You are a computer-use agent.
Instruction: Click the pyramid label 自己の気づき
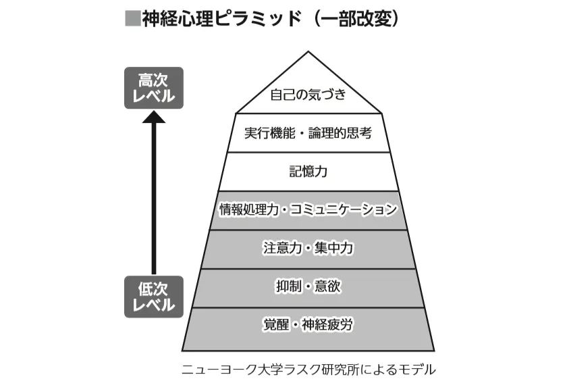pyautogui.click(x=308, y=94)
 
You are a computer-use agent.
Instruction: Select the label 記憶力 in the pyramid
pyautogui.click(x=308, y=171)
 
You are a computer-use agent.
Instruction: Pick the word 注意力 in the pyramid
pyautogui.click(x=278, y=248)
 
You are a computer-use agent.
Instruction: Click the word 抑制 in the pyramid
pyautogui.click(x=287, y=286)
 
